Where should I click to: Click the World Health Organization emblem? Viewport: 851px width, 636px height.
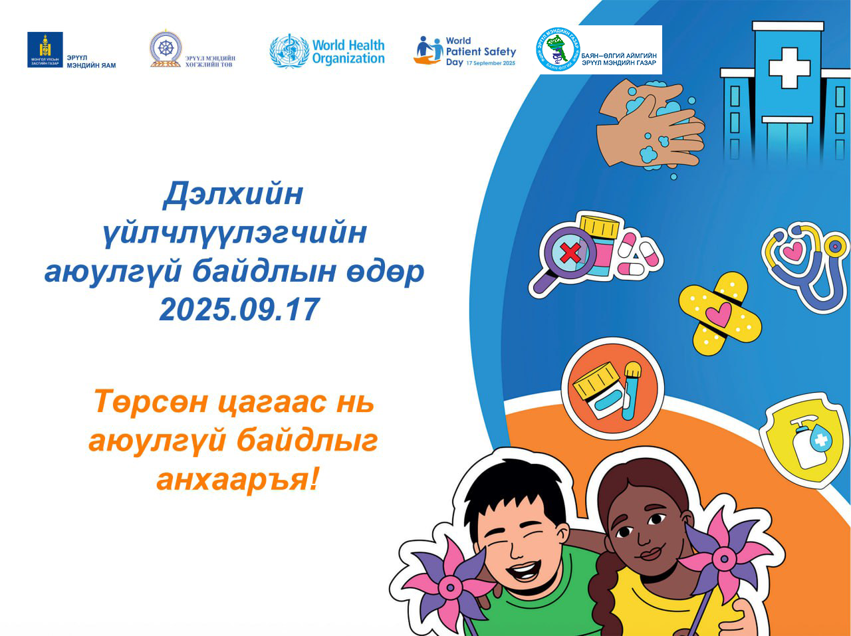[x=289, y=51]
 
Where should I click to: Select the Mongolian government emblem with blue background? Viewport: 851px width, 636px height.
[x=45, y=49]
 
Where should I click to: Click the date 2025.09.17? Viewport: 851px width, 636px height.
[x=239, y=310]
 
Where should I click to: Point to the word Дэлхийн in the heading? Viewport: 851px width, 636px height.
[x=233, y=194]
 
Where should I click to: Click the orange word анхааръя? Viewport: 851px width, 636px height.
[x=237, y=478]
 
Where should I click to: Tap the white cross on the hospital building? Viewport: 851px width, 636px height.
[x=789, y=66]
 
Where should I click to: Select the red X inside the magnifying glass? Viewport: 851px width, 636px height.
[x=570, y=253]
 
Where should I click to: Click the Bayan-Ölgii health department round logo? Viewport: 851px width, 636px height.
[x=557, y=49]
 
